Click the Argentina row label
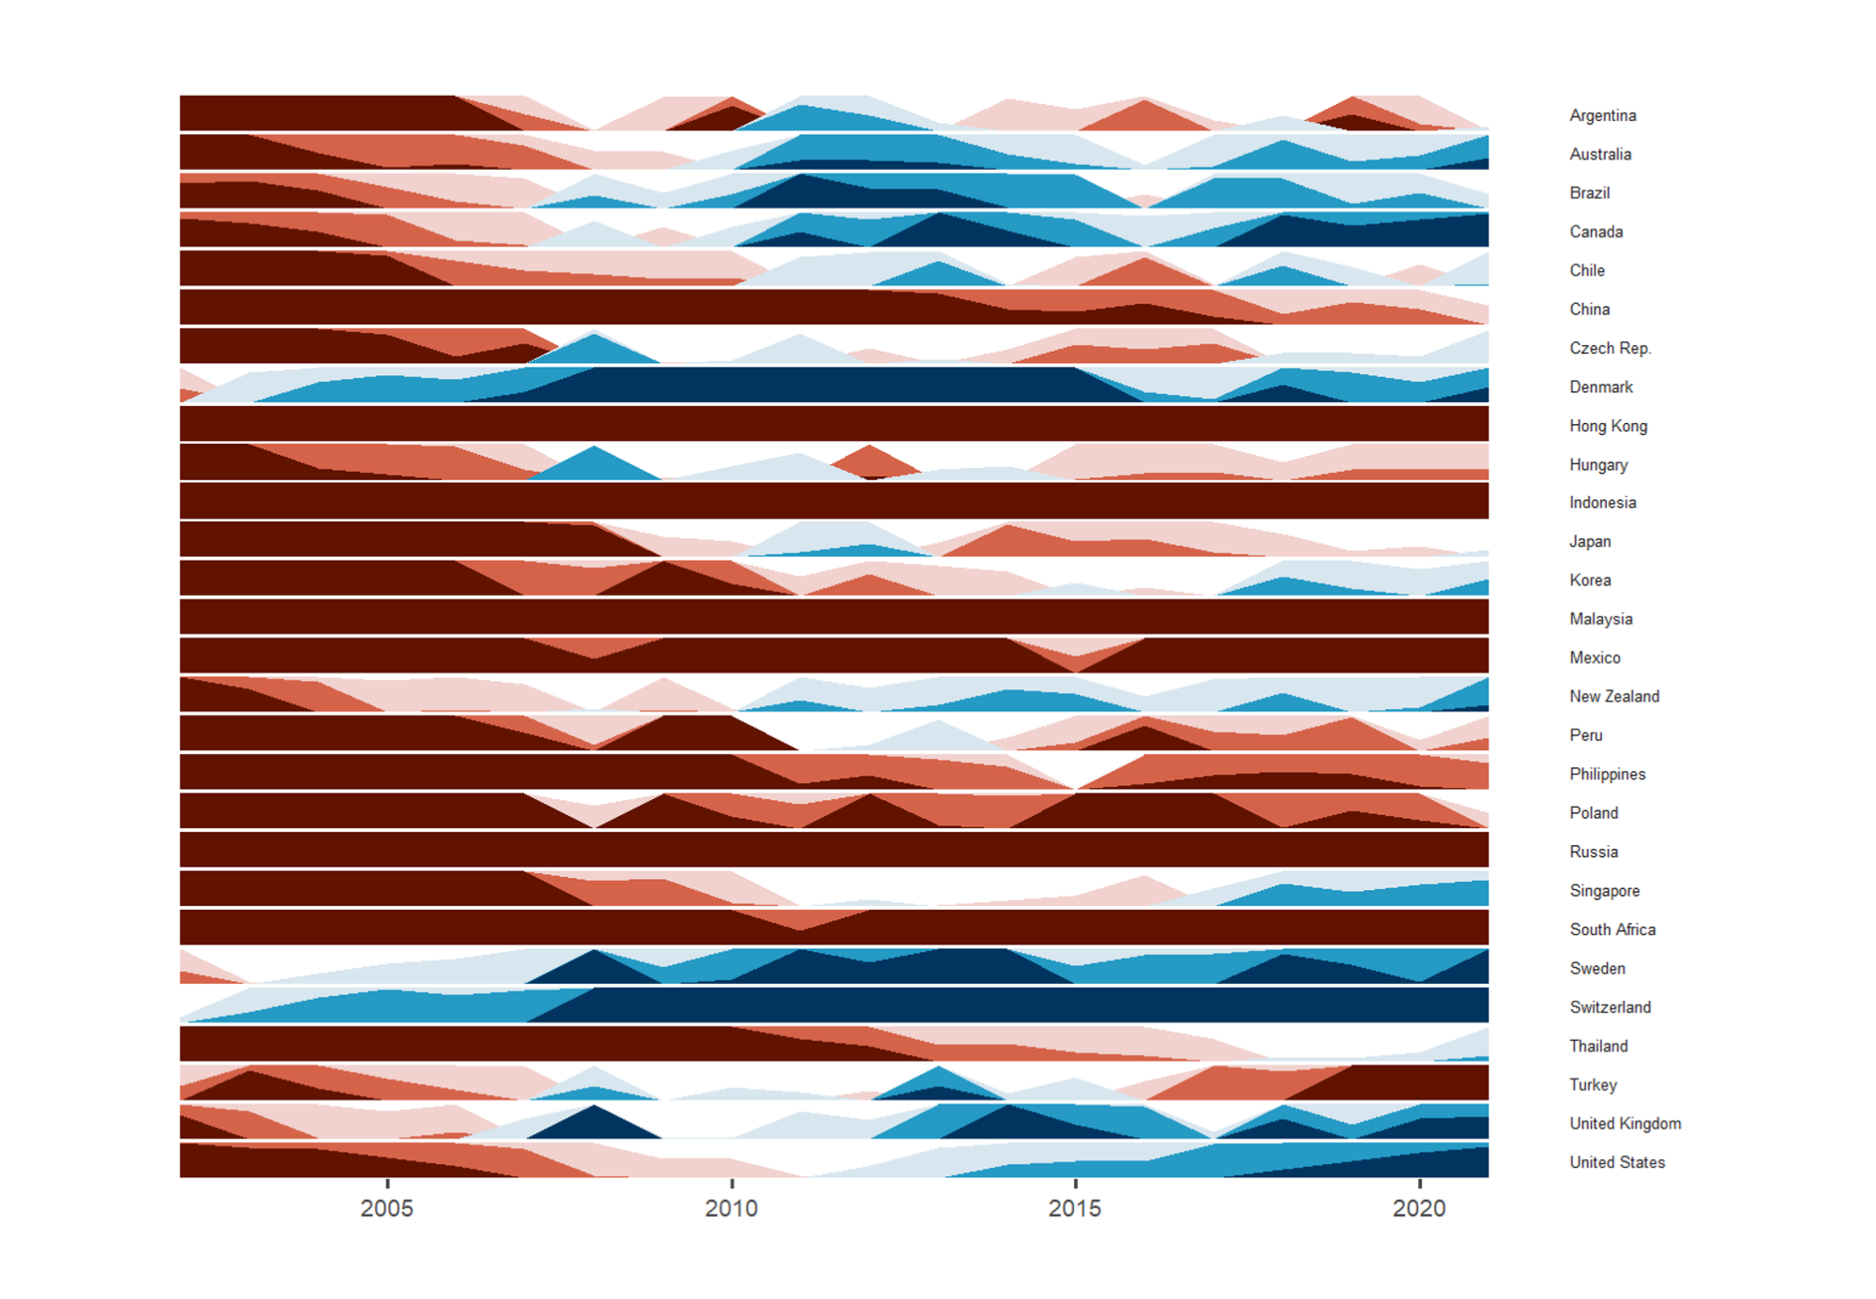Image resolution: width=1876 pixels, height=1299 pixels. [1602, 115]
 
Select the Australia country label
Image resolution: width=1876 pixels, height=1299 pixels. [1600, 154]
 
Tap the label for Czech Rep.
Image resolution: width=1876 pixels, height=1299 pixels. [1610, 348]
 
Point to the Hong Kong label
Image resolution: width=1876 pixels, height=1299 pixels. [1608, 426]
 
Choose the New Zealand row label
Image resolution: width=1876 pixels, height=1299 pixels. [1614, 696]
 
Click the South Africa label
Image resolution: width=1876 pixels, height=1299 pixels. [1612, 929]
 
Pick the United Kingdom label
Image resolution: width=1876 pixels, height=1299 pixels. [1625, 1124]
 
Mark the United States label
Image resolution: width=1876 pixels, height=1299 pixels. [1617, 1162]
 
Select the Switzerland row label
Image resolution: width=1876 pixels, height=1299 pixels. [1610, 1007]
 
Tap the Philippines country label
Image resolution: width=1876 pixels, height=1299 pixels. [1608, 774]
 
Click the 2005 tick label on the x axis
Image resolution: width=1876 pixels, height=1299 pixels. [386, 1208]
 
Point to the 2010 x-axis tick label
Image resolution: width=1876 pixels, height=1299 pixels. [732, 1208]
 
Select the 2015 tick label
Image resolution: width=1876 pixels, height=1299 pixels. [1075, 1208]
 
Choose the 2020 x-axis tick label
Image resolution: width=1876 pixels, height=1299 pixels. [1419, 1208]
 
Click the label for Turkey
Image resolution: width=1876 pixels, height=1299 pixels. [1593, 1085]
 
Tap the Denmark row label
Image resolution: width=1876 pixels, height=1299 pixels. [1601, 386]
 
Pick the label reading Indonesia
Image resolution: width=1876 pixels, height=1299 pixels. [1602, 503]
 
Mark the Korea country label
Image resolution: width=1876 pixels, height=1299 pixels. [1590, 580]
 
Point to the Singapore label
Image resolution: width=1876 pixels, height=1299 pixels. [1605, 891]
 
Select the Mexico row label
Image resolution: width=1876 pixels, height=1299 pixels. [1595, 657]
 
